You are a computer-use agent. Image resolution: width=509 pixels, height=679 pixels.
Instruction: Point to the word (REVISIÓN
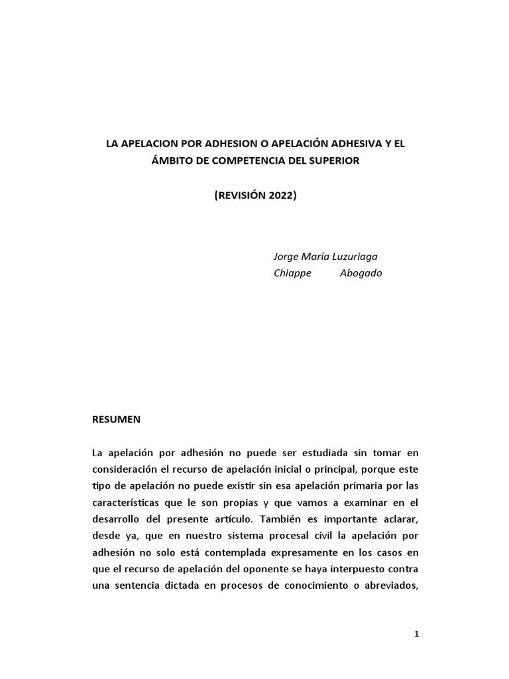coord(240,195)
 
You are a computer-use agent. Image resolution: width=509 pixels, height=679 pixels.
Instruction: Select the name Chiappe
coord(292,273)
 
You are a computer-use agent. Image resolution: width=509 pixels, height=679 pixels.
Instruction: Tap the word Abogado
coord(361,273)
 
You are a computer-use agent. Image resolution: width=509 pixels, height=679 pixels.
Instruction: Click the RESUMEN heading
coord(117,419)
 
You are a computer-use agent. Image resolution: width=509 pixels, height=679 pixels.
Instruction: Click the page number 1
coord(416,634)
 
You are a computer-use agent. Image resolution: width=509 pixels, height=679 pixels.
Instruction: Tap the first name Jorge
coord(286,257)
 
